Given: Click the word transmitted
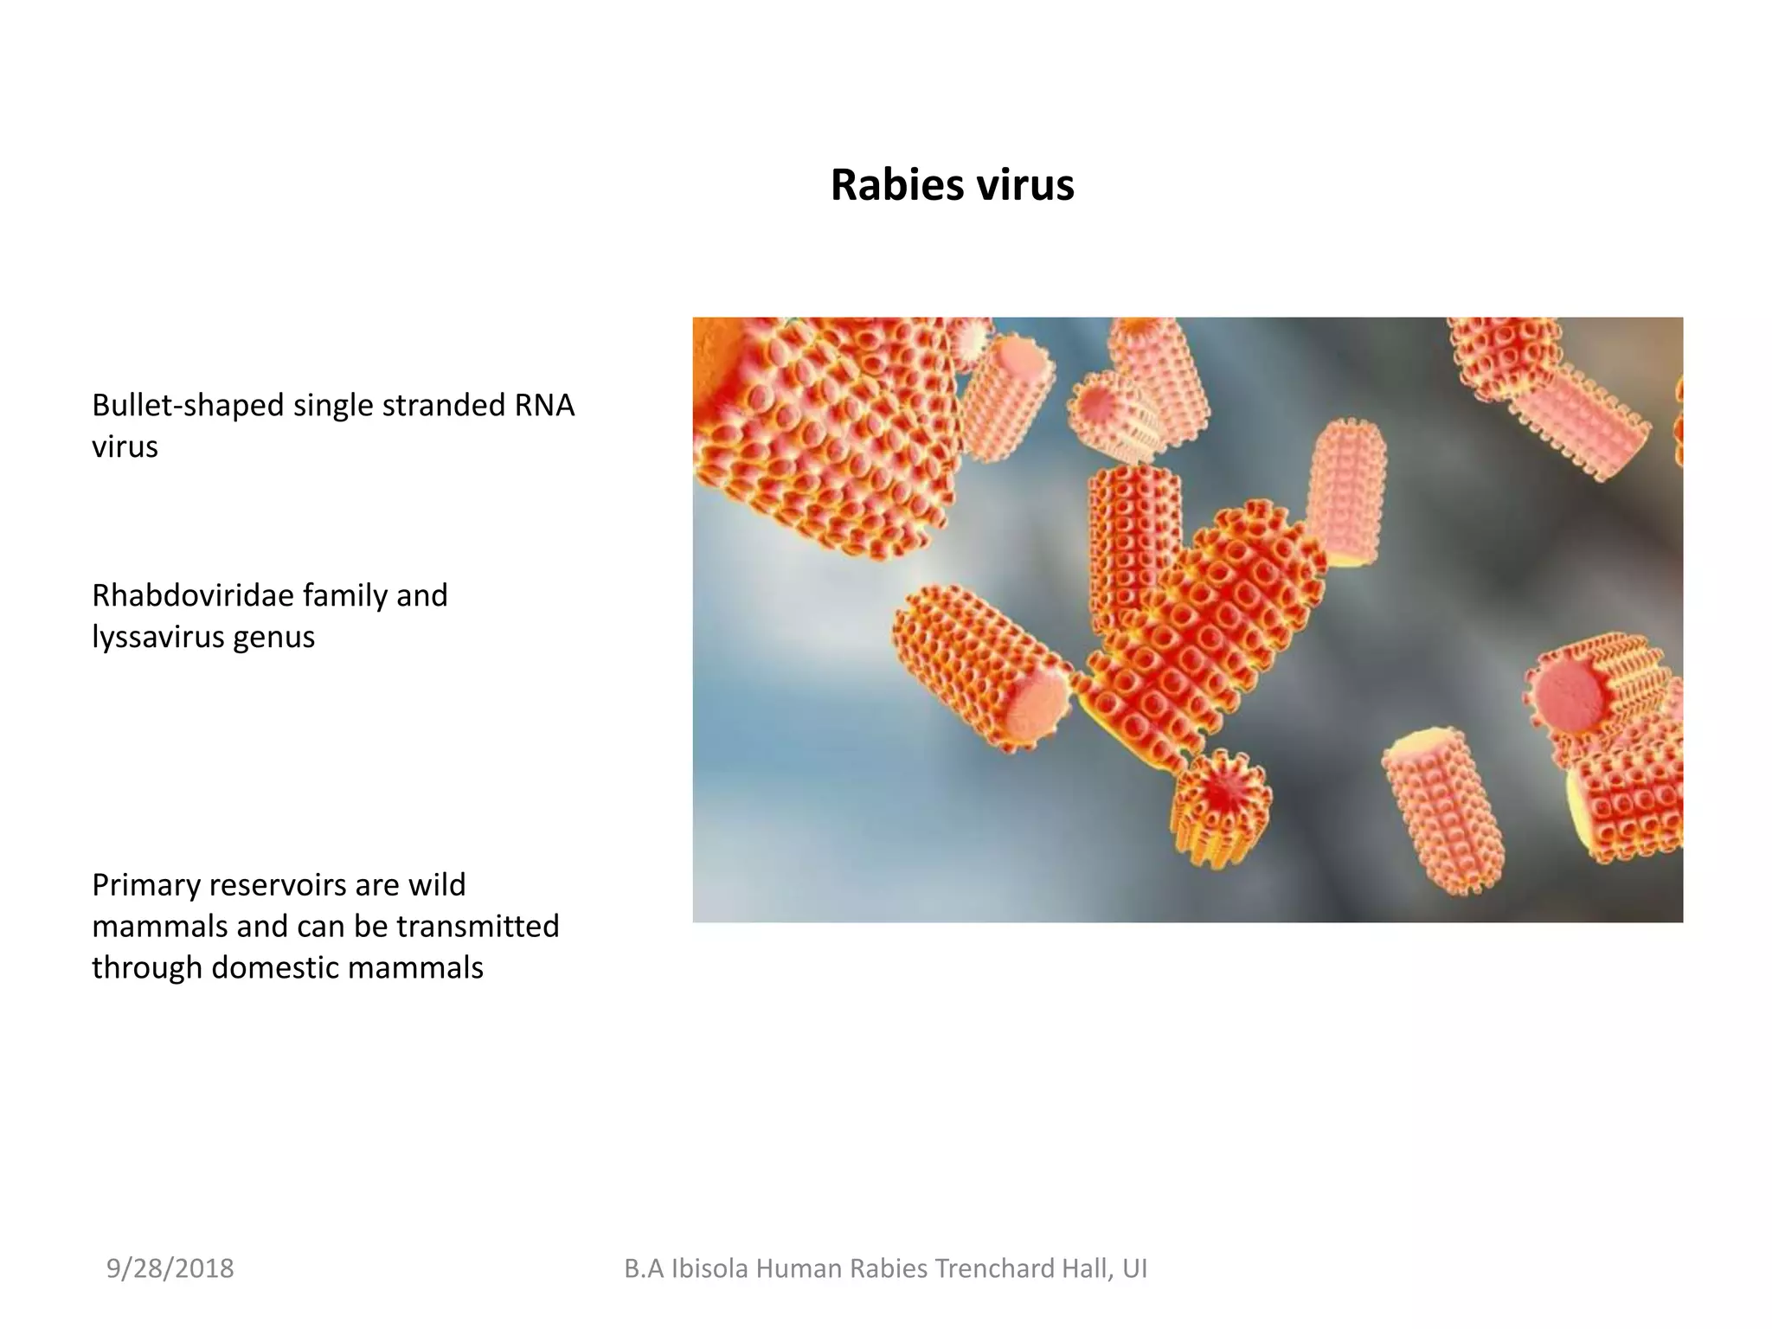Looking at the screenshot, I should (x=478, y=926).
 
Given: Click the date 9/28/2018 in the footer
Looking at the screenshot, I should (x=170, y=1268).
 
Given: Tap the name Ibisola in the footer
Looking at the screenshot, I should (x=709, y=1268).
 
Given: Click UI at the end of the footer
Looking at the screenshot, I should (x=1134, y=1268).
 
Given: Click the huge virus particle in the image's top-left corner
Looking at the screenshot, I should (x=822, y=424).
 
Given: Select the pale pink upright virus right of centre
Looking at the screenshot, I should (x=1346, y=489).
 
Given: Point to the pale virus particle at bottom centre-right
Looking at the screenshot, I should (x=1442, y=809).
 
